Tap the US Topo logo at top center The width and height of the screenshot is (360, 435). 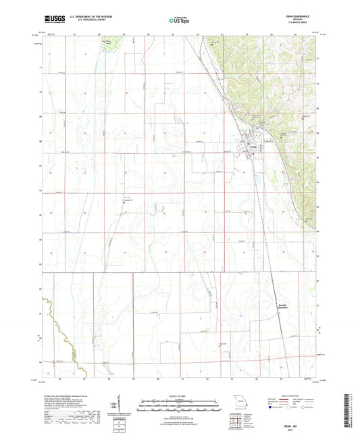pos(178,22)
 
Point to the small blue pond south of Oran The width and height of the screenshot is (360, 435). pos(257,180)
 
